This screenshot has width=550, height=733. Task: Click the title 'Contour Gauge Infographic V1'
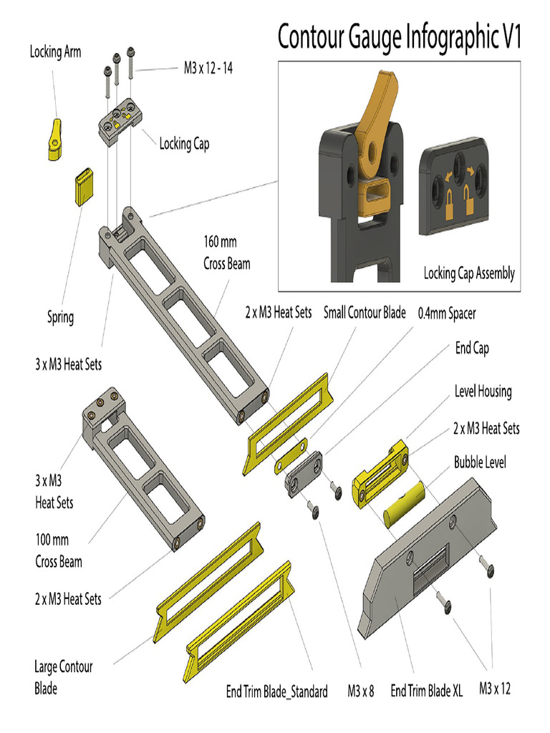click(399, 37)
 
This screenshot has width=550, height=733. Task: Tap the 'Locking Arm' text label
click(55, 52)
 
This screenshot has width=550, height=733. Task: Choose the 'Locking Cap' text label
click(184, 144)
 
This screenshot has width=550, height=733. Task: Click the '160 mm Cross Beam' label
click(226, 253)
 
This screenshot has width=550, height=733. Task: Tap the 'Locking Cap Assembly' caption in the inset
click(468, 273)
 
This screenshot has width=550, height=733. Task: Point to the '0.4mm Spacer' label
click(447, 313)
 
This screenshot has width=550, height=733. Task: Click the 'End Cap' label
click(472, 349)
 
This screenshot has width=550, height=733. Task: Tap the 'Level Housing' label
click(483, 392)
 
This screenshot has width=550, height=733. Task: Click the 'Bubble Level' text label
click(479, 462)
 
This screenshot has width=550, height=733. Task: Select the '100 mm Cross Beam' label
click(59, 550)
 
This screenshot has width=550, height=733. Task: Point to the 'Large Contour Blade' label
click(63, 677)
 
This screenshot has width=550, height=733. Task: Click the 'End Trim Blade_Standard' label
click(276, 691)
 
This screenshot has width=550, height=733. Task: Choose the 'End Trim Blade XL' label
click(426, 691)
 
